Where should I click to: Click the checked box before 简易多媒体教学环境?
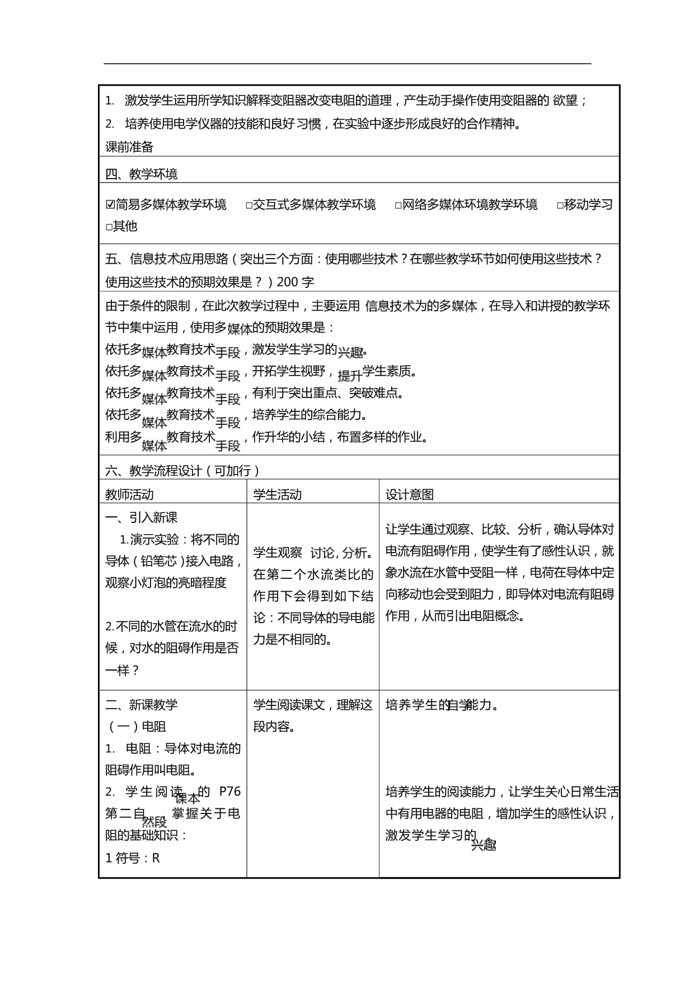110,205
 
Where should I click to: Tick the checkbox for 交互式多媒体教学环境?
249,205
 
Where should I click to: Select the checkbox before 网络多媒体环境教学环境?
398,205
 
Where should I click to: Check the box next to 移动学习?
560,205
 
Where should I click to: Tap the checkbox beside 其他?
109,227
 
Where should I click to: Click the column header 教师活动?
129,494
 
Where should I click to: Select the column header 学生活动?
278,494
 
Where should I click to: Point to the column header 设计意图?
410,494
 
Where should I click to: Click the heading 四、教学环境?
142,174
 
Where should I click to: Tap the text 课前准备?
129,147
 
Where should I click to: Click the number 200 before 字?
288,282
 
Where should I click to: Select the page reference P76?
230,791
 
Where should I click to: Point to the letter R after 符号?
156,858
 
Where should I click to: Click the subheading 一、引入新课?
142,517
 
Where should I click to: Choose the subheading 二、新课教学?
142,705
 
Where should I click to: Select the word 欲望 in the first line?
565,100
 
